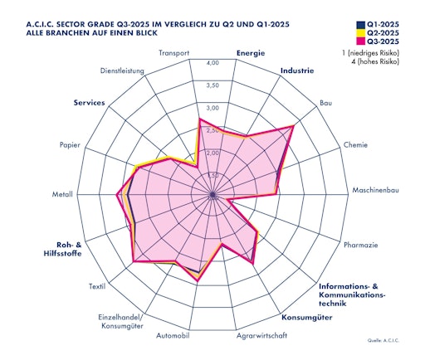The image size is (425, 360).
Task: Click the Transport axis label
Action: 175,53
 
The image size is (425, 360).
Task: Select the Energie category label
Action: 250,53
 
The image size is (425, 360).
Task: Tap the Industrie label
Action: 296,71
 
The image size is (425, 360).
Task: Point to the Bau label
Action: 326,104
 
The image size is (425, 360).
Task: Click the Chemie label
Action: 354,144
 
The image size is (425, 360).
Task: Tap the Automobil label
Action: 173,336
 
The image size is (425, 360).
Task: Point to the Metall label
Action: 62,195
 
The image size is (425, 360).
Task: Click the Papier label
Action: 70,145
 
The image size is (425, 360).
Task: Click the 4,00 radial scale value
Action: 212,63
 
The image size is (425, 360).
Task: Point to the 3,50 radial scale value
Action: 212,85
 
